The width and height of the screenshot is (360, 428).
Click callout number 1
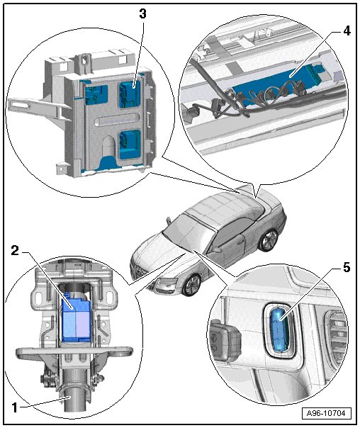tap(14, 407)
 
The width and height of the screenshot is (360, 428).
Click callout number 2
tap(15, 250)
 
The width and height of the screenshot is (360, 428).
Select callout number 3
tap(142, 14)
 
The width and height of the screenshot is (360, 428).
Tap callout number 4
tap(347, 31)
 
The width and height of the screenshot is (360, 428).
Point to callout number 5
tap(347, 268)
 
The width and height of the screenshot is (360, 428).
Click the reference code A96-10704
tap(327, 413)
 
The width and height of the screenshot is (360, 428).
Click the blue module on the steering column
tap(77, 317)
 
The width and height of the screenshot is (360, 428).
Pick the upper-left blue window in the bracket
tap(96, 95)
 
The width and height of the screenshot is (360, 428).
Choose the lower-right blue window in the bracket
tap(130, 145)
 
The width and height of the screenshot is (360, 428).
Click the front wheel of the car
tap(193, 286)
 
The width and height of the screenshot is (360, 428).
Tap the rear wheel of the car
tap(269, 240)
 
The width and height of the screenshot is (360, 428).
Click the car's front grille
tap(140, 270)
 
